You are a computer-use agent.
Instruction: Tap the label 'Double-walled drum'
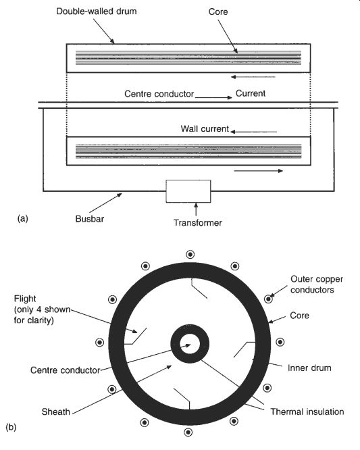pyautogui.click(x=97, y=11)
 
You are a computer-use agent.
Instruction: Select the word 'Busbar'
pyautogui.click(x=90, y=219)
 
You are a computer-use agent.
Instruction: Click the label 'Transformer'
pyautogui.click(x=198, y=223)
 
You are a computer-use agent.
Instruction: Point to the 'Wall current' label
pyautogui.click(x=205, y=128)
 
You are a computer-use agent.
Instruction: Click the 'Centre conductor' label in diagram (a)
pyautogui.click(x=159, y=94)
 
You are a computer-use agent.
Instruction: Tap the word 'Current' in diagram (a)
pyautogui.click(x=251, y=93)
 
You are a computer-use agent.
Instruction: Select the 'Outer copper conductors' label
pyautogui.click(x=317, y=284)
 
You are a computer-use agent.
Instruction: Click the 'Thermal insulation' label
pyautogui.click(x=307, y=411)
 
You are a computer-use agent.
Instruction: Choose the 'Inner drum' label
pyautogui.click(x=309, y=368)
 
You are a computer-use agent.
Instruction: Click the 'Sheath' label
pyautogui.click(x=55, y=411)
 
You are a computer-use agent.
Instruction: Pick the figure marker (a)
pyautogui.click(x=23, y=219)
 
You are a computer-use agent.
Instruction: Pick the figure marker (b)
pyautogui.click(x=11, y=427)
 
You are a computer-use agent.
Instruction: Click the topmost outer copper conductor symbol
pyautogui.click(x=190, y=254)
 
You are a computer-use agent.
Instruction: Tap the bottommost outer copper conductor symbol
pyautogui.click(x=188, y=432)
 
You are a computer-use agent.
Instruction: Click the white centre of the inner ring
pyautogui.click(x=190, y=344)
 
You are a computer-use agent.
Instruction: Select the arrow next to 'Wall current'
pyautogui.click(x=253, y=132)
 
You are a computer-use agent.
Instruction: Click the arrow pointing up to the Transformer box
pyautogui.click(x=196, y=209)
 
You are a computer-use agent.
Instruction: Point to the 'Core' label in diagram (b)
pyautogui.click(x=299, y=316)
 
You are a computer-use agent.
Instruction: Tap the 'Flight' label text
pyautogui.click(x=25, y=299)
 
